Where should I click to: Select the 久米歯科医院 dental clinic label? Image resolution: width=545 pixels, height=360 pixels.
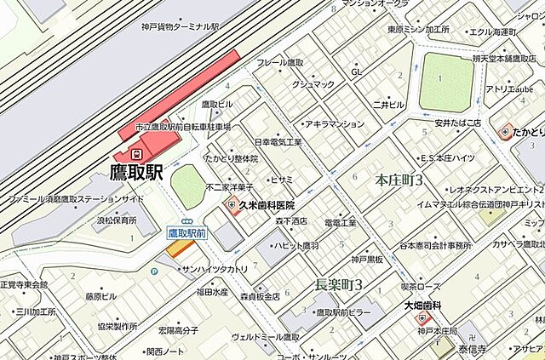click(267, 206)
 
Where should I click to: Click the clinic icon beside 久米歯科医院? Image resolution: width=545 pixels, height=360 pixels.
click(230, 206)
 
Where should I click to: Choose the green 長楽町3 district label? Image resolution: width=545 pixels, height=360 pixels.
click(339, 283)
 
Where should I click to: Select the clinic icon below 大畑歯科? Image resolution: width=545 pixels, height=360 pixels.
click(423, 319)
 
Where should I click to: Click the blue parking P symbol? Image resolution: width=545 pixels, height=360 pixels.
click(154, 271)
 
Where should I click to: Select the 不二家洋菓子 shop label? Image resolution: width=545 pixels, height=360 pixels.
click(229, 187)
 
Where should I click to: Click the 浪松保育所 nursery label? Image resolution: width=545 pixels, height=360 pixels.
click(117, 220)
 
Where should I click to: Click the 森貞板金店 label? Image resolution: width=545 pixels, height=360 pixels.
click(259, 297)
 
